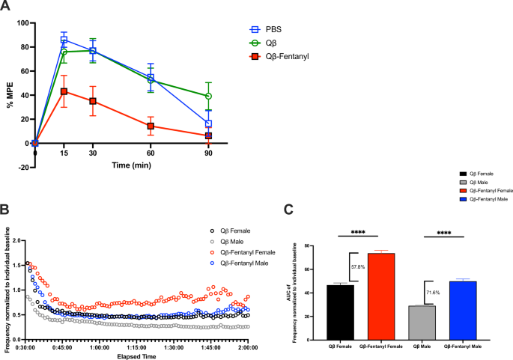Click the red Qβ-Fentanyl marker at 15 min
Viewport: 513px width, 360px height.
[64, 91]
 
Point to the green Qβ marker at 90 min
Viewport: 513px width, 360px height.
[208, 97]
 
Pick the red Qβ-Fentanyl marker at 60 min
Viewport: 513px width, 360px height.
[151, 126]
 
